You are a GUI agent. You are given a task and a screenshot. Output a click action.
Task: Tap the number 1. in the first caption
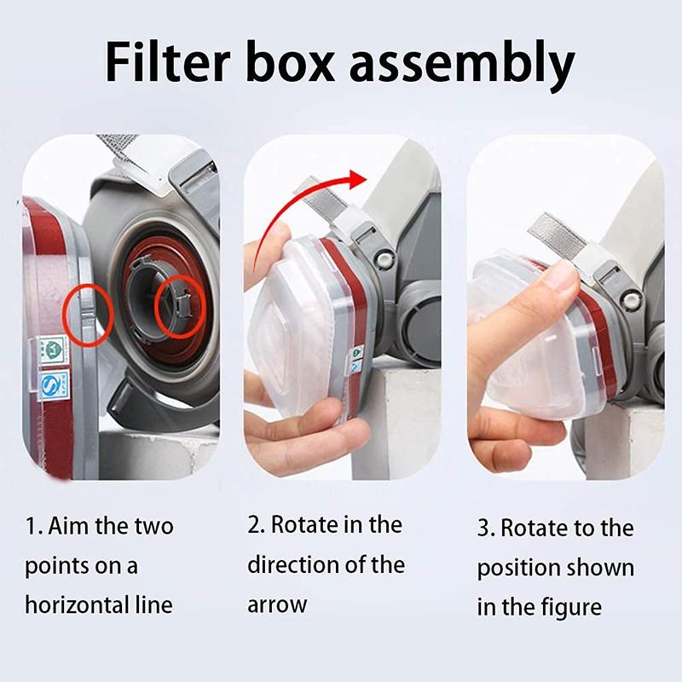33,526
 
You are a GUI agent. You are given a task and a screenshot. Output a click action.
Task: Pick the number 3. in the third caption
486,528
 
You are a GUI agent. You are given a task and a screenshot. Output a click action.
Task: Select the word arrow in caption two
277,605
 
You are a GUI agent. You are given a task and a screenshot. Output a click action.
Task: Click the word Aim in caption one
67,526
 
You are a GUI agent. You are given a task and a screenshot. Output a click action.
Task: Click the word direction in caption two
295,564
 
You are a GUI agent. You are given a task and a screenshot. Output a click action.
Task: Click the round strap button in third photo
632,299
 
